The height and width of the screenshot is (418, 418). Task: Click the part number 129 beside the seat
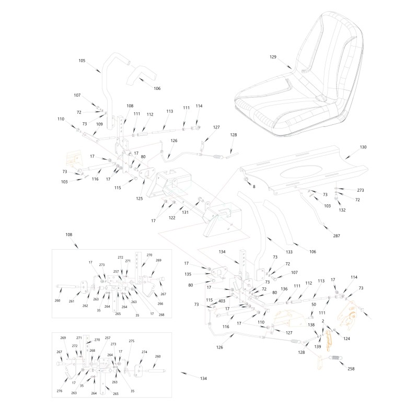coord(273,57)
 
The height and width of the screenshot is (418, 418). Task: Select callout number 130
coord(363,147)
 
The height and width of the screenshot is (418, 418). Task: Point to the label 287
coord(336,236)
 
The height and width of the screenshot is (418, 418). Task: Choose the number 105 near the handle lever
coord(82,61)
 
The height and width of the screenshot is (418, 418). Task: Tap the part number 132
coord(342,210)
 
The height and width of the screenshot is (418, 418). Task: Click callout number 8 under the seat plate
coord(254,187)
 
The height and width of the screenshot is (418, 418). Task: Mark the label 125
coord(140,199)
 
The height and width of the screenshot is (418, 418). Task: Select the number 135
coord(188,274)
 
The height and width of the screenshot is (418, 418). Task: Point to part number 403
coord(222,301)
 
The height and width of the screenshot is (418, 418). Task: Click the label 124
coord(346,339)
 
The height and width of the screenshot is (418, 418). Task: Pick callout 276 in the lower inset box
coord(60,391)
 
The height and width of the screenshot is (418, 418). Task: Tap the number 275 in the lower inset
coord(132,341)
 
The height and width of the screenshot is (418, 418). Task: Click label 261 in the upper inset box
coord(72,301)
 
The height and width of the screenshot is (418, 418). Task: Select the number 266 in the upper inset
coord(160,304)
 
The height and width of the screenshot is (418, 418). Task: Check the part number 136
coord(284,289)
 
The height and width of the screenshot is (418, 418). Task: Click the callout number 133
coord(289,252)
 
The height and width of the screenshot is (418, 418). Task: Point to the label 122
coord(172,218)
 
